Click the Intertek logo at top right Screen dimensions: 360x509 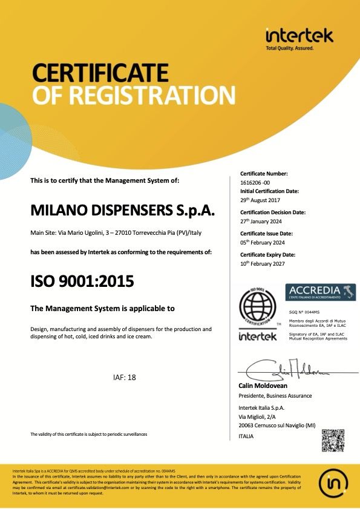tap(299, 38)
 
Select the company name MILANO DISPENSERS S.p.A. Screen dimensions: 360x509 tap(123, 210)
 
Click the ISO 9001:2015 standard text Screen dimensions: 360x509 tap(82, 281)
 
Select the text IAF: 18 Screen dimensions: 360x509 tap(125, 377)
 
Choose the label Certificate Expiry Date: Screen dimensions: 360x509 tap(267, 254)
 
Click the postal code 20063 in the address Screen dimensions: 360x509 tap(249, 425)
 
